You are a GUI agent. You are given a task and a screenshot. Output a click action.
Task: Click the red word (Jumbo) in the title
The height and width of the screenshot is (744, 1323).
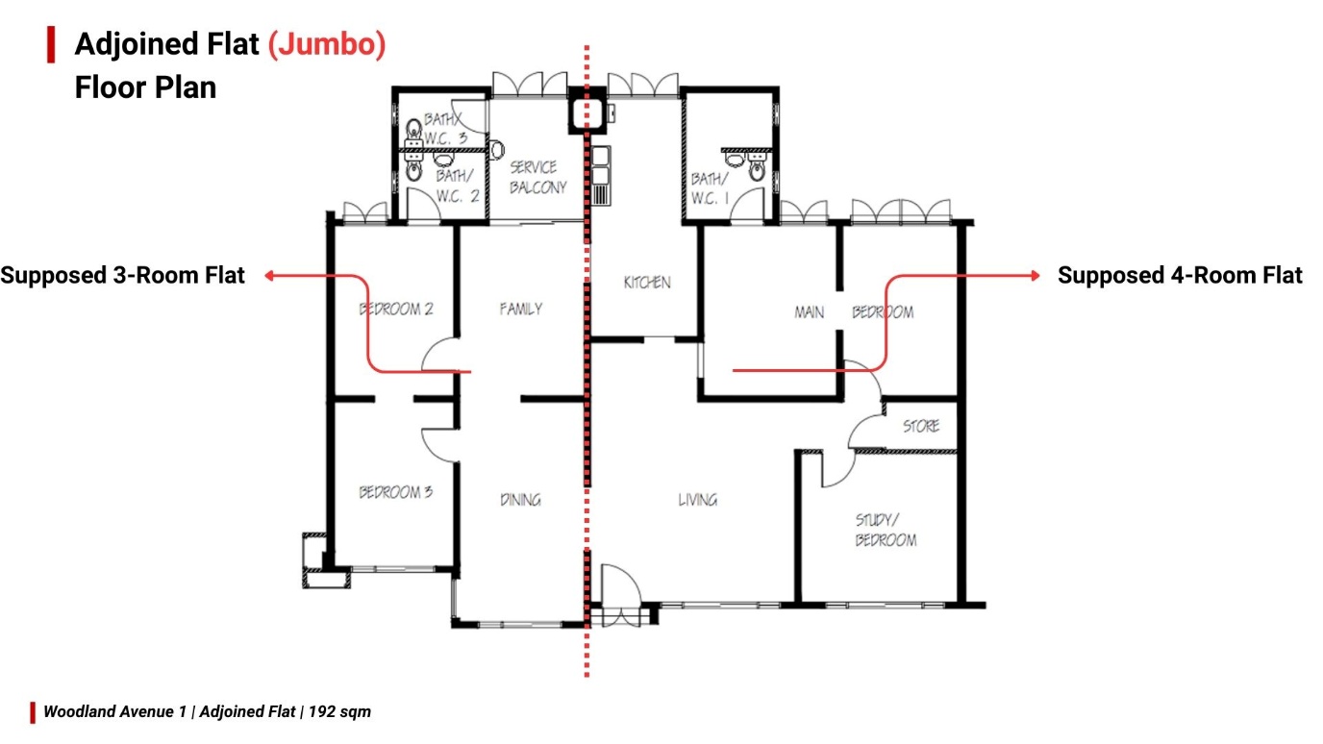click(327, 45)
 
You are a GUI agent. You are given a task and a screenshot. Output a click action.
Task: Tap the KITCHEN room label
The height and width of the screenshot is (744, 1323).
click(647, 283)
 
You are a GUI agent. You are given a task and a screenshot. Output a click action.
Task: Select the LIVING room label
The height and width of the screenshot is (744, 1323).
click(697, 500)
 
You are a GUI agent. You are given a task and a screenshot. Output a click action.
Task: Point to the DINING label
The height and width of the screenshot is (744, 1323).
click(520, 500)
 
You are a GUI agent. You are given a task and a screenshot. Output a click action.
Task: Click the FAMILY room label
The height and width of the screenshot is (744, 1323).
click(521, 309)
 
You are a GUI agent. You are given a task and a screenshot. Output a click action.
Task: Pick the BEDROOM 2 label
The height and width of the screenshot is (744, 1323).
click(396, 309)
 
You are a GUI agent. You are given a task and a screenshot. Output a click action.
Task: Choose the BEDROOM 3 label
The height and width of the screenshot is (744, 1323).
click(396, 492)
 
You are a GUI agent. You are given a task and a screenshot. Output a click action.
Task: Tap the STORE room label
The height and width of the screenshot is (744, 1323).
click(921, 426)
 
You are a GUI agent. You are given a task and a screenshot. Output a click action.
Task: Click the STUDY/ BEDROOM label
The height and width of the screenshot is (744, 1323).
click(886, 530)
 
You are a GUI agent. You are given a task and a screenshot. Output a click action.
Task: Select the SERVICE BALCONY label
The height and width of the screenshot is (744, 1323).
click(538, 177)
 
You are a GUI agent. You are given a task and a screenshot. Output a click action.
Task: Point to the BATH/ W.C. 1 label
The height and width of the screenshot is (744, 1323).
click(711, 188)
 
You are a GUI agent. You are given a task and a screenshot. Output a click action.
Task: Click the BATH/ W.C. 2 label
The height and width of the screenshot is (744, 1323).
click(457, 186)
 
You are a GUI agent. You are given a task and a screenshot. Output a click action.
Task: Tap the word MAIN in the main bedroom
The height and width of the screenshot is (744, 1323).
click(810, 312)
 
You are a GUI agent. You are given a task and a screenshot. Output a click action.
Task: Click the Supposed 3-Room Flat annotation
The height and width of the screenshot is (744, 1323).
click(122, 276)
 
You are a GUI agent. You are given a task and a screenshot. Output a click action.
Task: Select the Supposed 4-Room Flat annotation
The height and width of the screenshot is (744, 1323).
click(1180, 276)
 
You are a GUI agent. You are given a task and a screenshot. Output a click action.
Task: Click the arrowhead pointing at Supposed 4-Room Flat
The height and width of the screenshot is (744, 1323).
click(1036, 275)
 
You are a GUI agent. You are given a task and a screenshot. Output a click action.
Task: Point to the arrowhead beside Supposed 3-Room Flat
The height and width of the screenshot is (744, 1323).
click(269, 275)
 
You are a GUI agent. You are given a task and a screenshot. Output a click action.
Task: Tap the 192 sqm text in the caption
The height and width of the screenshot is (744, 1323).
click(339, 711)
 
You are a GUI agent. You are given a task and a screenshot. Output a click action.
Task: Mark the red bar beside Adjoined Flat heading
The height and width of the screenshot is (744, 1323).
click(51, 44)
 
